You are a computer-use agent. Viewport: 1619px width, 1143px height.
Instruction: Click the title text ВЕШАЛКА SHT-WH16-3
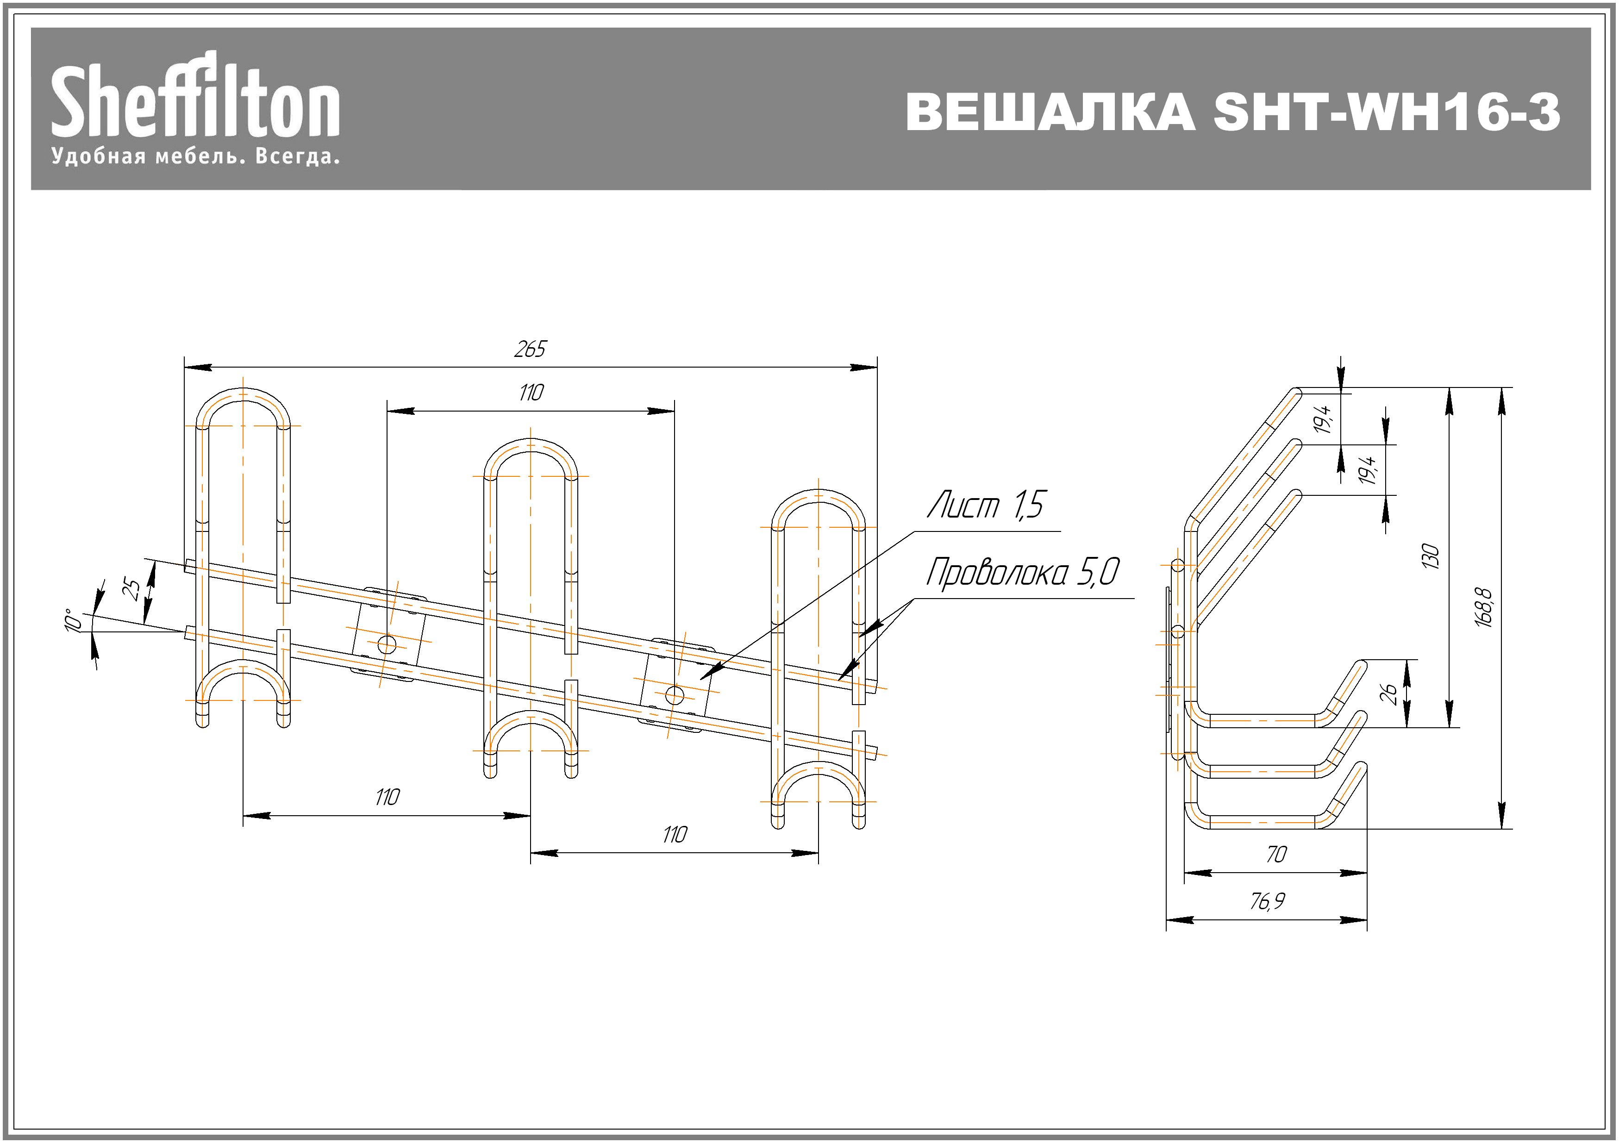click(1232, 112)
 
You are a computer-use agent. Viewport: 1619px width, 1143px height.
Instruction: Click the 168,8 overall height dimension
click(1484, 607)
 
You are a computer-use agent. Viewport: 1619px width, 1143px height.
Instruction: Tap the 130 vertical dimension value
click(1430, 556)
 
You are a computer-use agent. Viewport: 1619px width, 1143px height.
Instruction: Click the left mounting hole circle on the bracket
click(387, 643)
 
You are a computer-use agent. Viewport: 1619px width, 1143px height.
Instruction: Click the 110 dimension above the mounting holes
click(530, 392)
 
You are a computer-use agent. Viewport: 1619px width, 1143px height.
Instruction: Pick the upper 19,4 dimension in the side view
click(1324, 419)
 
